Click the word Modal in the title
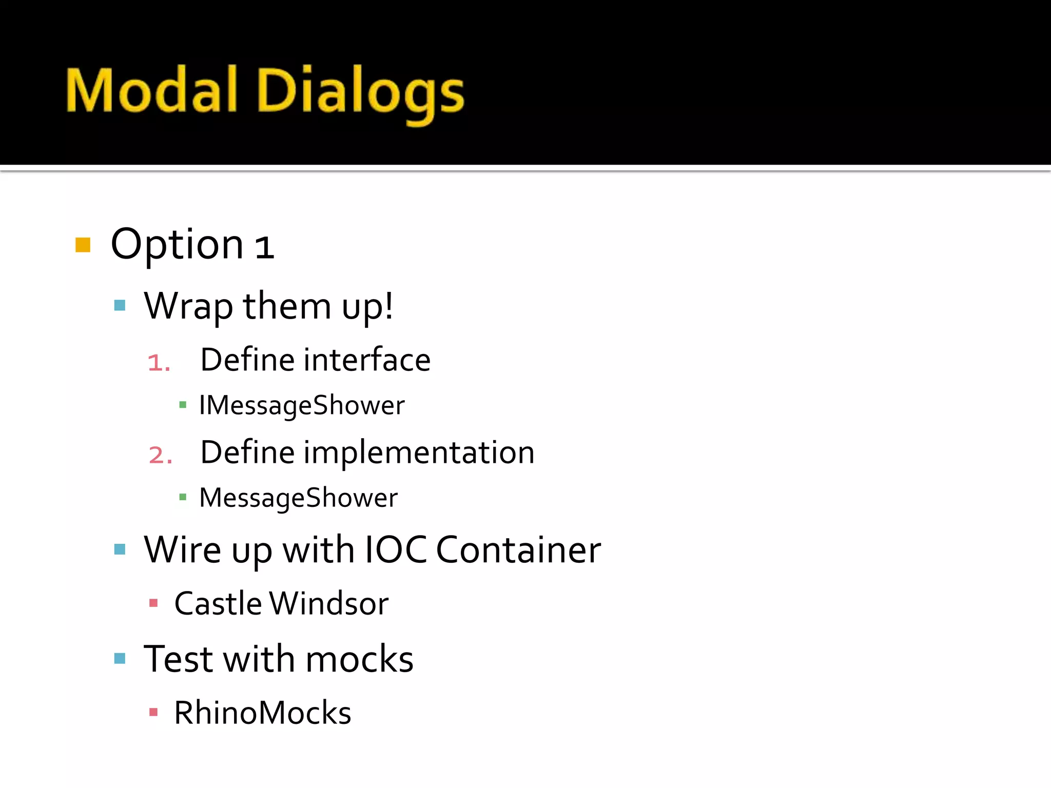point(151,91)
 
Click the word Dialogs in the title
point(360,92)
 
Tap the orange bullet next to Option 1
point(83,245)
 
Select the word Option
point(177,245)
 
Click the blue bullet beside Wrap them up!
point(120,306)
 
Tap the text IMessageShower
point(302,406)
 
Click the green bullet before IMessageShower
point(183,405)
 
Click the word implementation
point(419,453)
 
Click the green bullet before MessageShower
point(183,497)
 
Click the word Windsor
point(329,604)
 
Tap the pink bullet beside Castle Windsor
point(153,603)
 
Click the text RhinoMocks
point(262,713)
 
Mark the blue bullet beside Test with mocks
point(120,659)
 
